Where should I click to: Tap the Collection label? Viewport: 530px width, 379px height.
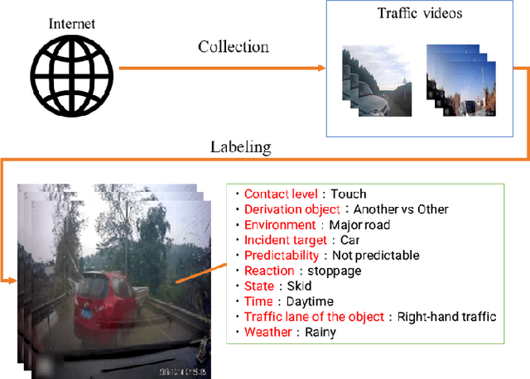point(233,46)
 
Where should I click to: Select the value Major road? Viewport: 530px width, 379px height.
point(359,224)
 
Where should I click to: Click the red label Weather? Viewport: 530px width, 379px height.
point(267,332)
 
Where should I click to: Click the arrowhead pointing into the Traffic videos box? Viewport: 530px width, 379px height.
point(320,67)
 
